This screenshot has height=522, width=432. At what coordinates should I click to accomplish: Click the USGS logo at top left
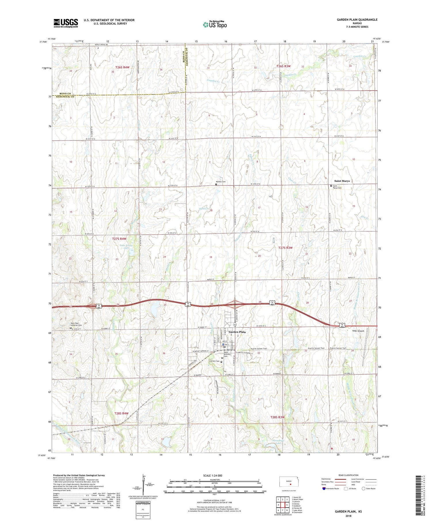pyautogui.click(x=66, y=23)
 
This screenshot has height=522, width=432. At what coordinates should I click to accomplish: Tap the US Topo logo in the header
pyautogui.click(x=215, y=24)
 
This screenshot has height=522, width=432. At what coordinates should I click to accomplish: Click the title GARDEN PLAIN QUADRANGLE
pyautogui.click(x=353, y=20)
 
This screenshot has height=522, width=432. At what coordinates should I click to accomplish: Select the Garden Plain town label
pyautogui.click(x=237, y=332)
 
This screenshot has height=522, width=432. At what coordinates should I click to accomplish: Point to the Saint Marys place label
pyautogui.click(x=342, y=181)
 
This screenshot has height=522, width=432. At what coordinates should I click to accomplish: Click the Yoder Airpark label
pyautogui.click(x=358, y=331)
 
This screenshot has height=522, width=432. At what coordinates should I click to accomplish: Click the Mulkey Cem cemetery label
pyautogui.click(x=221, y=182)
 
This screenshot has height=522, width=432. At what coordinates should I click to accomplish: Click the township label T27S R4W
pyautogui.click(x=119, y=239)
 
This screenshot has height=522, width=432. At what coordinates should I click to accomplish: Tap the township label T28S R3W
pyautogui.click(x=277, y=417)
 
